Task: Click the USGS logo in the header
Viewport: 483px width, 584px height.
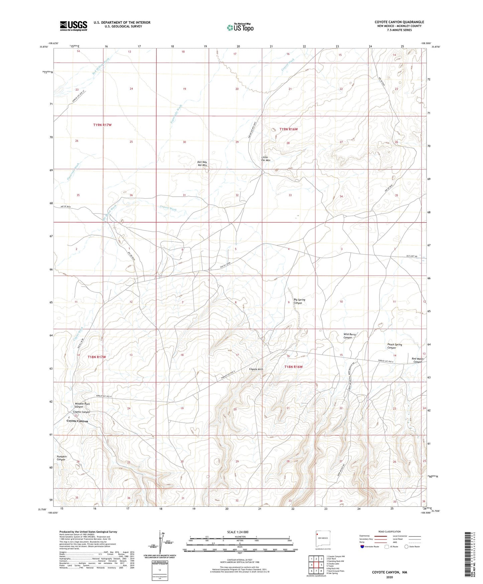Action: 74,26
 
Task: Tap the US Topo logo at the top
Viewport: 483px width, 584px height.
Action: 240,27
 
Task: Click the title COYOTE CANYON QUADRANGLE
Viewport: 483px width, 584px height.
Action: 399,22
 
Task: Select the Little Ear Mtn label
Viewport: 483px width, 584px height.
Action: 266,159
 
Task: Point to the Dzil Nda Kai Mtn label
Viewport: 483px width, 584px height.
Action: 203,164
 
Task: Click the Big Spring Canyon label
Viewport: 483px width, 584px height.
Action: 299,301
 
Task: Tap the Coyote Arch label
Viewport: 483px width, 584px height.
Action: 256,369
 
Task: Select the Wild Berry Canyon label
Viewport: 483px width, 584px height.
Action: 349,336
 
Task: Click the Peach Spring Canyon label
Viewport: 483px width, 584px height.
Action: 394,346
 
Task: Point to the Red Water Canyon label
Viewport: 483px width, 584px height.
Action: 418,360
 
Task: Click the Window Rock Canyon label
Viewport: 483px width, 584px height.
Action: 82,405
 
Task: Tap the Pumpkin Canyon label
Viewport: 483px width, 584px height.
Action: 62,458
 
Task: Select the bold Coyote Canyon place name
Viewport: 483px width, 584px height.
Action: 77,421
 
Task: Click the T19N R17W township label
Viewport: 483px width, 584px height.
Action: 102,125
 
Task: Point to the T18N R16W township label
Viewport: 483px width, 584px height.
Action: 293,367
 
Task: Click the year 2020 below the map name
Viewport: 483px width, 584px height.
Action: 389,577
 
